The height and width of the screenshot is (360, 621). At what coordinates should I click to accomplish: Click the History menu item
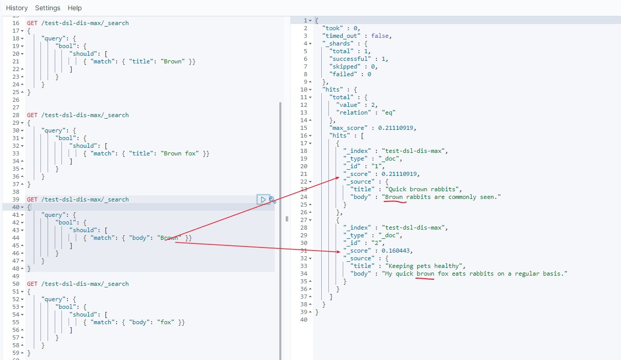[x=17, y=8]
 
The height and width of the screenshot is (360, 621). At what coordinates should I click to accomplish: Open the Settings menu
[x=48, y=8]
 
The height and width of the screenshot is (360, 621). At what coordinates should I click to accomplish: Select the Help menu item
[x=75, y=8]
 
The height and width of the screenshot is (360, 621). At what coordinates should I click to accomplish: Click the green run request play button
[x=263, y=199]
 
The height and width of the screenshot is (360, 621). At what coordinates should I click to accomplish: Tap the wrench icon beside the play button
[x=273, y=200]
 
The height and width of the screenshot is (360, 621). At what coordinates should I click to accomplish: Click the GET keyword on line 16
[x=32, y=23]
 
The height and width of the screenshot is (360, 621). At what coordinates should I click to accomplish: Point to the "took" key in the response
[x=333, y=28]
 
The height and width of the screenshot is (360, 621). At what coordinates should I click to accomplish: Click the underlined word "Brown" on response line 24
[x=394, y=197]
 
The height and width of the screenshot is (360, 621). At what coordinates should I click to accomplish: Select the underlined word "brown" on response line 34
[x=425, y=274]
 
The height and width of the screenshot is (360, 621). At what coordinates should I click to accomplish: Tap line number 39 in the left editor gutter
[x=15, y=199]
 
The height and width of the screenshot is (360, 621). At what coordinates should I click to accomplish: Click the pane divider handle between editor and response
[x=287, y=219]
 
